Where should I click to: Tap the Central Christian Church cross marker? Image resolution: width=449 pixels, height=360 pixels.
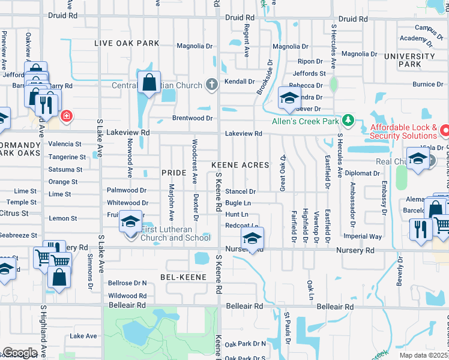click(211, 85)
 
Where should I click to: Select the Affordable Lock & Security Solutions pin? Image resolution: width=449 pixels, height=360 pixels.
click(445, 129)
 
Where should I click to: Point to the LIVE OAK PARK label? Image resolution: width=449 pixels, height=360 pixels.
click(127, 43)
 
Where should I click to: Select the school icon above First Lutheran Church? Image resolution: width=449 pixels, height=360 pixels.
click(129, 221)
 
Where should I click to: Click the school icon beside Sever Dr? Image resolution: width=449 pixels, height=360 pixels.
click(289, 98)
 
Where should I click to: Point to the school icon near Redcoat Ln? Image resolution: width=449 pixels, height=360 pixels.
click(253, 238)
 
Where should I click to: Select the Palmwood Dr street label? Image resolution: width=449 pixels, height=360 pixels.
click(127, 190)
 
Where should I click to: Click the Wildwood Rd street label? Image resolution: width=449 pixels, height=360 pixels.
click(127, 296)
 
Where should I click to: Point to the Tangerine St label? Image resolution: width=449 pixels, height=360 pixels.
click(67, 157)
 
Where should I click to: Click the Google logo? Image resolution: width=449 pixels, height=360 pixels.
click(20, 353)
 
